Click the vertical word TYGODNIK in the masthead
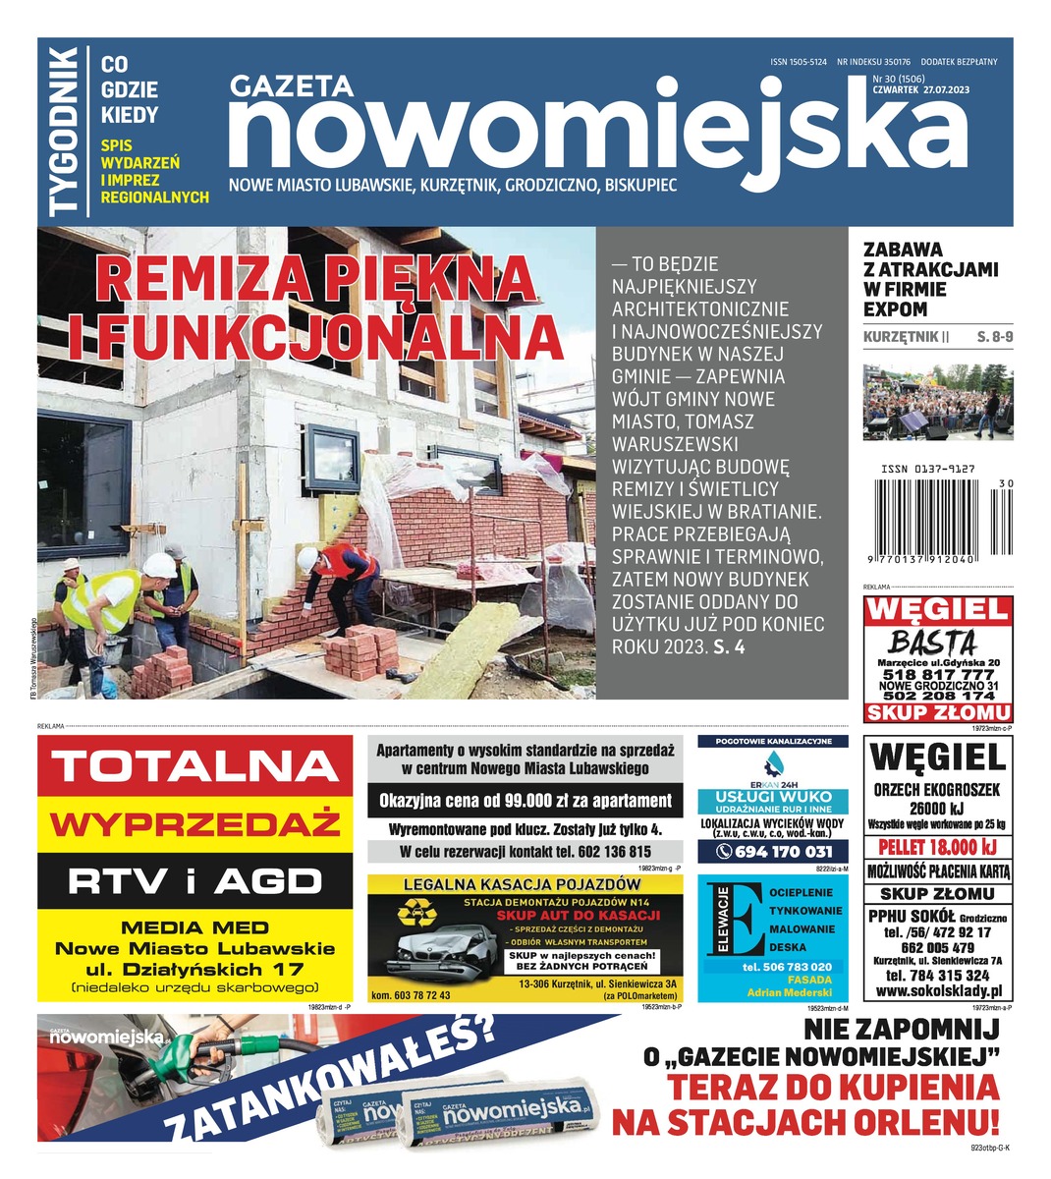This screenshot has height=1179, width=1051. click(x=64, y=131)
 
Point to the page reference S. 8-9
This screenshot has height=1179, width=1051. click(x=995, y=337)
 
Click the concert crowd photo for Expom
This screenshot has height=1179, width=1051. click(x=938, y=402)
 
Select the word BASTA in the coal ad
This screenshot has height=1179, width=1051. click(x=932, y=642)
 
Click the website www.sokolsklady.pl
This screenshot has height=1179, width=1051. click(x=937, y=992)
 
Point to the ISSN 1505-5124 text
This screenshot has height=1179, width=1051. click(x=798, y=62)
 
